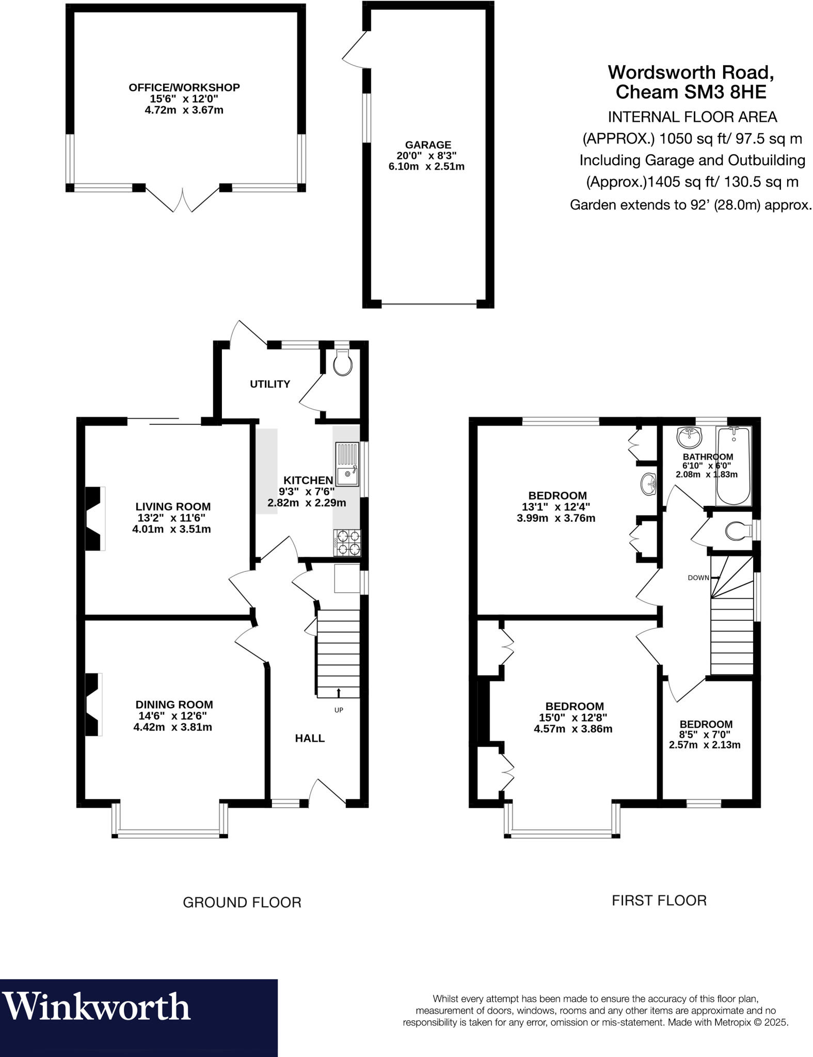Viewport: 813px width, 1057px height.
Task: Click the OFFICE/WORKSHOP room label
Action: [184, 88]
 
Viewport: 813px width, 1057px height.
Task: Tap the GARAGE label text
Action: [428, 145]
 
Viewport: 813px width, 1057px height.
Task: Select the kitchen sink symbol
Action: [347, 464]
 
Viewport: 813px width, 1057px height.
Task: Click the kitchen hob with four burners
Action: [347, 543]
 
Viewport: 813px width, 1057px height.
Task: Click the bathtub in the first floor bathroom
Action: [733, 466]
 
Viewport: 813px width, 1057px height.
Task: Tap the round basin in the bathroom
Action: [689, 437]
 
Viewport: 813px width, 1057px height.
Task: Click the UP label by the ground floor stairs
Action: [339, 710]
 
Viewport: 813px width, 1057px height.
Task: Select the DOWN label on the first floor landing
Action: [698, 578]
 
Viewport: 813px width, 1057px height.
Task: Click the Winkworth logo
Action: [97, 1007]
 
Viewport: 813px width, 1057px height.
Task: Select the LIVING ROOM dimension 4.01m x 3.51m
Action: [171, 529]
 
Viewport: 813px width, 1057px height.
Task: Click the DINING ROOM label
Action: [174, 704]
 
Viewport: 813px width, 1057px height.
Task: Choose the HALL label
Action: [310, 738]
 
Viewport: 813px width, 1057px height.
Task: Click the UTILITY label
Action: [270, 384]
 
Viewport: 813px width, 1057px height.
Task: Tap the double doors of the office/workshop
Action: [182, 200]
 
